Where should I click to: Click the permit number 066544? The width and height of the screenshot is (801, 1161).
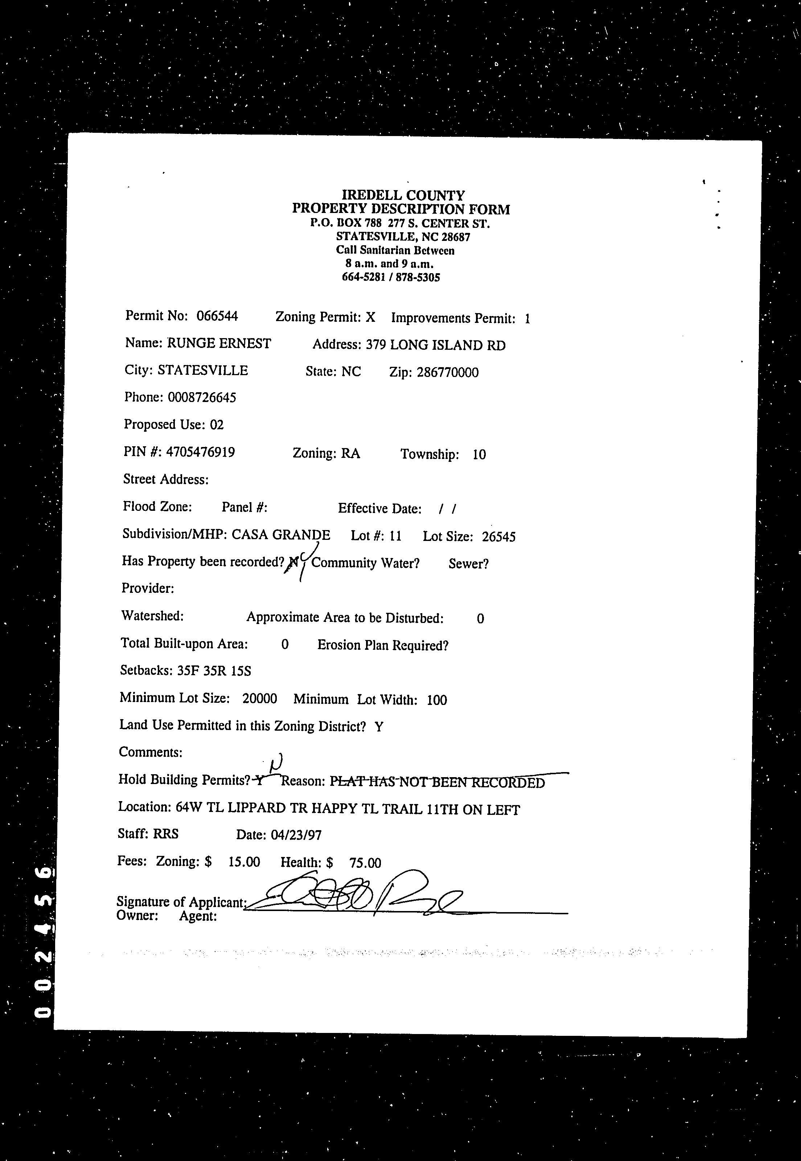217,316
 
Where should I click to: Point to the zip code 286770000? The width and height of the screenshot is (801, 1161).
447,373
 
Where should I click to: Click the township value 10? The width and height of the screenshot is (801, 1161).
479,455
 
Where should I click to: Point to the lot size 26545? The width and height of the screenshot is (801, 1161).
498,537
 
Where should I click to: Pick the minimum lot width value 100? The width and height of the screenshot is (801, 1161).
437,700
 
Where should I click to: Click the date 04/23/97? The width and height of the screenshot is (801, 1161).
296,835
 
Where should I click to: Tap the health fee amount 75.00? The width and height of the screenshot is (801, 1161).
365,863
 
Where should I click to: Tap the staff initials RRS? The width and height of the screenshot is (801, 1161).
166,834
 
